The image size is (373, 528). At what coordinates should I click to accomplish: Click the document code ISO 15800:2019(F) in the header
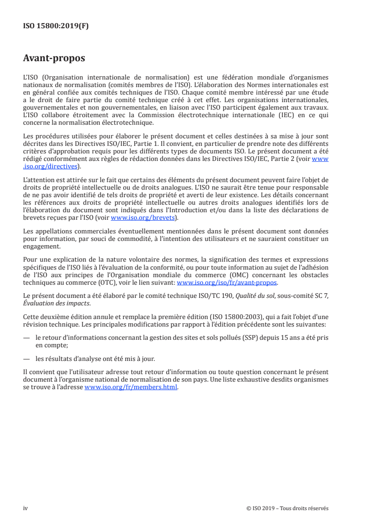[x=56, y=26]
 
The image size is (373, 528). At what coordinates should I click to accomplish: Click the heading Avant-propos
[x=54, y=59]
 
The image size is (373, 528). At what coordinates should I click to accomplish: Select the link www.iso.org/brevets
[x=142, y=218]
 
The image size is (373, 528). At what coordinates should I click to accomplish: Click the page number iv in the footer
[x=25, y=508]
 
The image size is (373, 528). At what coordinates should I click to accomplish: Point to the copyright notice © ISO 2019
[x=263, y=508]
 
